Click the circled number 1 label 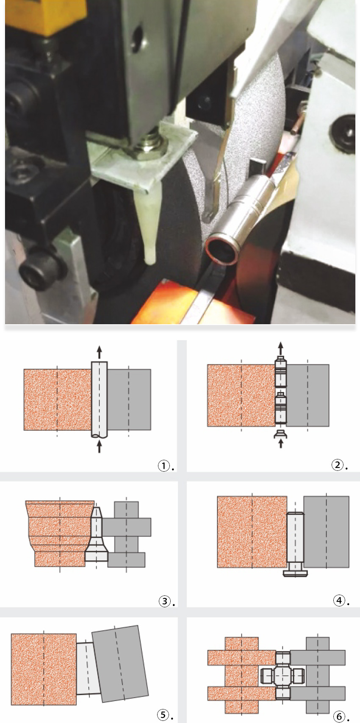[163, 466]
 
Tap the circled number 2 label [337, 465]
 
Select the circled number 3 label [164, 601]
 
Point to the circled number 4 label [339, 601]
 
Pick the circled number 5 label [163, 715]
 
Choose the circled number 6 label [339, 717]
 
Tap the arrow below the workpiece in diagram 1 [99, 447]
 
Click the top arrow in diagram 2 [281, 348]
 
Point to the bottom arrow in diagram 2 [281, 443]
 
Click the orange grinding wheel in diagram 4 [252, 531]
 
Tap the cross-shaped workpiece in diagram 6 [282, 675]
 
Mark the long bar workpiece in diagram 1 [99, 400]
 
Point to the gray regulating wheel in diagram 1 [129, 400]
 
